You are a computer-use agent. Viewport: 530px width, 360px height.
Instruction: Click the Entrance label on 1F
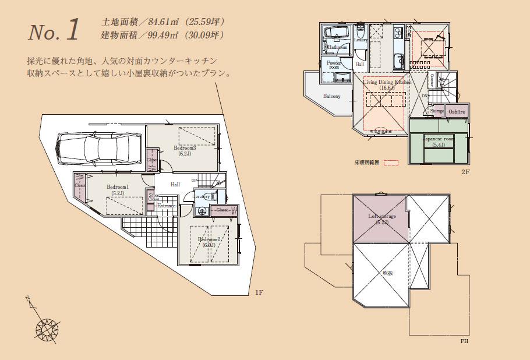pos(167,206)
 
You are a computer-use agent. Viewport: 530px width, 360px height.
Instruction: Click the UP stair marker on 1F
pos(194,180)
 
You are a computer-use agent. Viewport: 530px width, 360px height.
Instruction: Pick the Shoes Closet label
pos(153,198)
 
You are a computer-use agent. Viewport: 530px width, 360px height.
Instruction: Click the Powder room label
pos(334,65)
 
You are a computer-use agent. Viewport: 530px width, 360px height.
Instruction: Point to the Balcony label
pos(331,96)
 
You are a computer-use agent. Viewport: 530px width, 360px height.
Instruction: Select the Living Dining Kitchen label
pos(387,83)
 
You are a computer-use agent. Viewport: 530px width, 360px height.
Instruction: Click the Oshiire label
pos(456,111)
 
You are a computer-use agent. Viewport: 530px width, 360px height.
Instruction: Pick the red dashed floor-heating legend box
pos(390,164)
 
